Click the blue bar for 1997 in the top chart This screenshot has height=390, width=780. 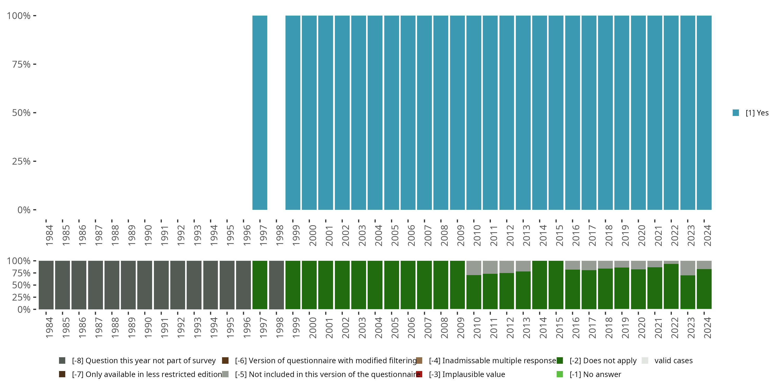[260, 113]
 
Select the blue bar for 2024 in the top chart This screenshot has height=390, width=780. [704, 113]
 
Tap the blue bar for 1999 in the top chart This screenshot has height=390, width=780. [293, 113]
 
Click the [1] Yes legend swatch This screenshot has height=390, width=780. [736, 113]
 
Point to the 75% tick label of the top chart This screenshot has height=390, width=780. [21, 64]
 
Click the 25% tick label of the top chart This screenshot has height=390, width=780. [21, 161]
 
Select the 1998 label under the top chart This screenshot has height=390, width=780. [279, 235]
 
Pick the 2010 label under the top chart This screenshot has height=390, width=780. [477, 235]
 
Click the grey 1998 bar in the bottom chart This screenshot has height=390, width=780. [276, 285]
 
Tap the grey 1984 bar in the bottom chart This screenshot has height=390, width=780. [46, 285]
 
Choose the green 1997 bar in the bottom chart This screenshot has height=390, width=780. [260, 285]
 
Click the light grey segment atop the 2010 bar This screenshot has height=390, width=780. [473, 268]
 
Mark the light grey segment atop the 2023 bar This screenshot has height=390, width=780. [688, 268]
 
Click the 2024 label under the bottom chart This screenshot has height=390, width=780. [707, 328]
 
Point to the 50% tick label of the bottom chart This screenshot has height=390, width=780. [21, 285]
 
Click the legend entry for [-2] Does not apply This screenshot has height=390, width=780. [603, 361]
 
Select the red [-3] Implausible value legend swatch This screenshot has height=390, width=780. [419, 374]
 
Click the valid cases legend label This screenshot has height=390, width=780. [673, 361]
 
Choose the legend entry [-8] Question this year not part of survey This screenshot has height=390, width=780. [144, 361]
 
